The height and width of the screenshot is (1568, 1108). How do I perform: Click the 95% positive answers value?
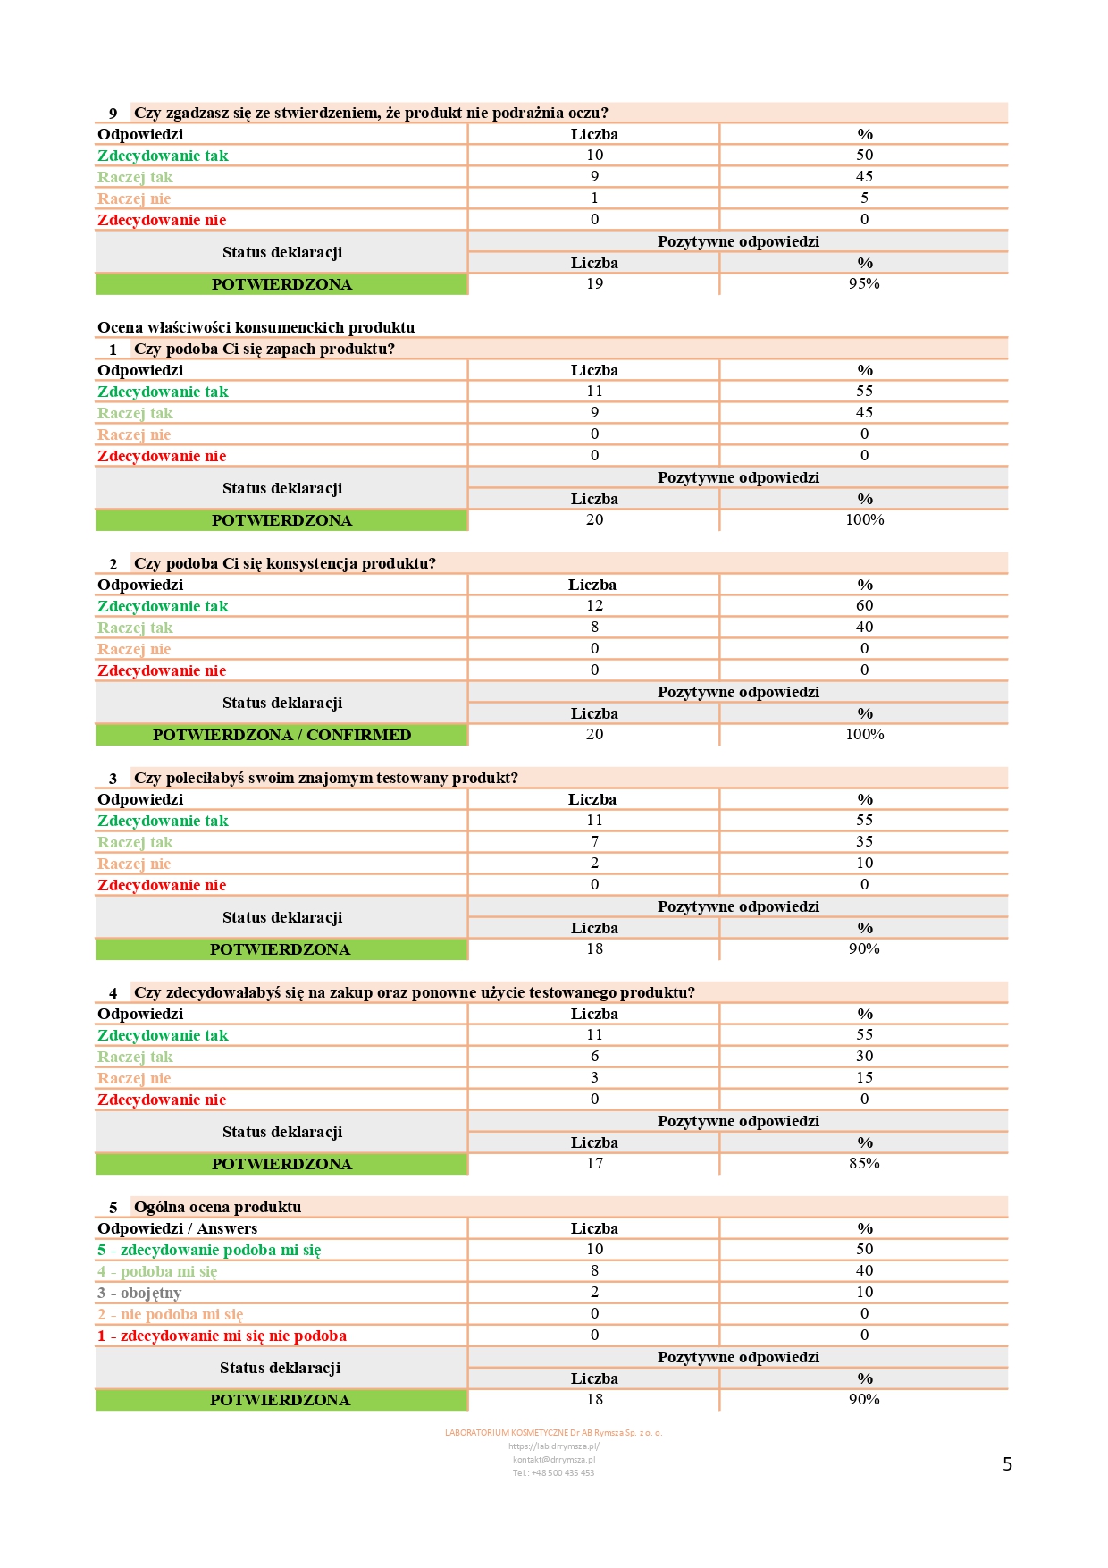(x=864, y=284)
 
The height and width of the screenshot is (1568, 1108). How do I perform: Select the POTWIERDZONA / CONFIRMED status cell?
(x=281, y=735)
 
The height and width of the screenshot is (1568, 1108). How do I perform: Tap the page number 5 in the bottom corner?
(x=1007, y=1464)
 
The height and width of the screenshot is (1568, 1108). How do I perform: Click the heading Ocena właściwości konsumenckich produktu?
(x=256, y=327)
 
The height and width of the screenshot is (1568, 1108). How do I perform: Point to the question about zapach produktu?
(x=264, y=349)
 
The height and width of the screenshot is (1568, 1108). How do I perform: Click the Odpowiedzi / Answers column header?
(x=177, y=1228)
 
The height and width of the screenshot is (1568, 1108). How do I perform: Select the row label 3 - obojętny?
(x=139, y=1293)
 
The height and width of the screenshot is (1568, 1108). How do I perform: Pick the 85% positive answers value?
(x=864, y=1164)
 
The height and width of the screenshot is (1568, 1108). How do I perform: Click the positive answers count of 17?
(x=595, y=1164)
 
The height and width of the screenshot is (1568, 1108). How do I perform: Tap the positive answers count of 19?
(x=595, y=284)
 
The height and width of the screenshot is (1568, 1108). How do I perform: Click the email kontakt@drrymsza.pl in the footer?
(x=554, y=1460)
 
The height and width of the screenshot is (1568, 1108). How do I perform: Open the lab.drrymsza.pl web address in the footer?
(x=554, y=1446)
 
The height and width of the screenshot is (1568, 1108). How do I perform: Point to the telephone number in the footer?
(x=554, y=1473)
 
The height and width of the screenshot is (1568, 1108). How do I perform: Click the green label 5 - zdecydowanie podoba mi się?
(x=209, y=1250)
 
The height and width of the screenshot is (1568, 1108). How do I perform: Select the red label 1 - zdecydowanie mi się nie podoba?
(x=222, y=1336)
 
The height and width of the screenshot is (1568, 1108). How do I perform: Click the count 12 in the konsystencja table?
(x=595, y=606)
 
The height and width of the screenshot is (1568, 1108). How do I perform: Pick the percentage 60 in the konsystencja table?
(x=864, y=606)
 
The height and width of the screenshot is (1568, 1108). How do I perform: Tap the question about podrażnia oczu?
(x=371, y=113)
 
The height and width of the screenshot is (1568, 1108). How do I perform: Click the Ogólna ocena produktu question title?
(x=217, y=1207)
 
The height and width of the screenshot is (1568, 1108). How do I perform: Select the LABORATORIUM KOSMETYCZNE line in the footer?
(x=554, y=1433)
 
